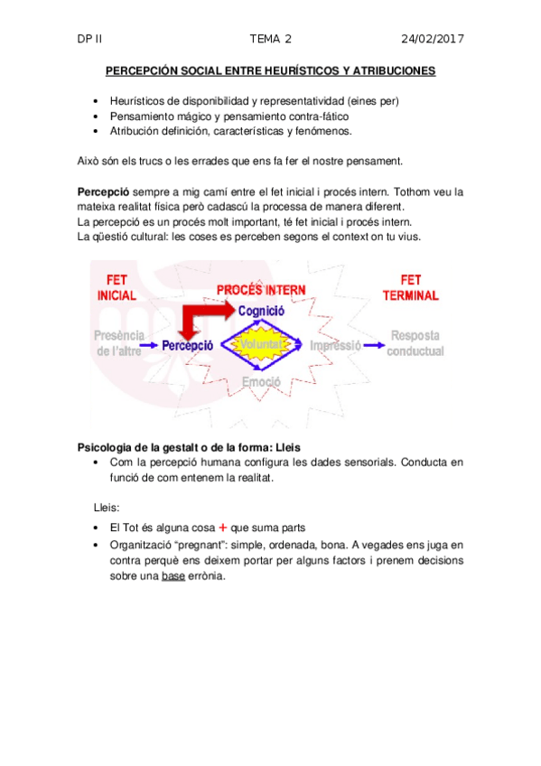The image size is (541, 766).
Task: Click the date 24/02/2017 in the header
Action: click(x=432, y=39)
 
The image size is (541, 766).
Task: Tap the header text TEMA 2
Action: click(x=270, y=39)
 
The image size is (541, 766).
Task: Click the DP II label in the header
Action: click(x=90, y=39)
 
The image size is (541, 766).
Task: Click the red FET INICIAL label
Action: click(x=117, y=287)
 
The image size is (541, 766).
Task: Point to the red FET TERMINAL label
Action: click(x=410, y=287)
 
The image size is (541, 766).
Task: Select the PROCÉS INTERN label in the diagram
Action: click(x=261, y=290)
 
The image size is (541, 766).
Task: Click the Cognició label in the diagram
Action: click(x=261, y=310)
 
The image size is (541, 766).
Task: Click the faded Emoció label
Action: click(x=261, y=382)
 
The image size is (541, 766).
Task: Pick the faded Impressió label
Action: click(x=335, y=345)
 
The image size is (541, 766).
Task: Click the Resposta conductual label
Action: click(x=415, y=343)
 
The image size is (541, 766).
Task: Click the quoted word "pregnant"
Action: click(x=213, y=545)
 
